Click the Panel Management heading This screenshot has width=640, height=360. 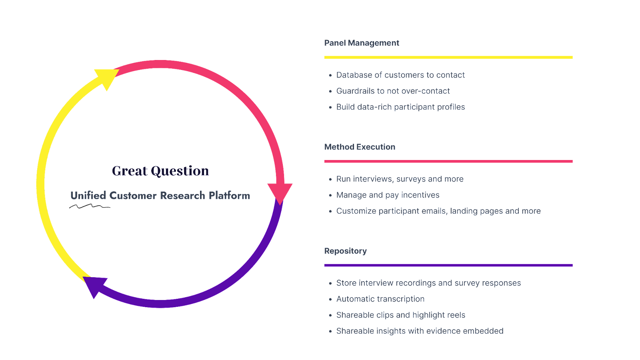tap(361, 43)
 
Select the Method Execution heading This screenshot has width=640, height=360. tap(359, 147)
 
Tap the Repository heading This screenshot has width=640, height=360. tap(345, 251)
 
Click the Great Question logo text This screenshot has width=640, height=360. tap(160, 171)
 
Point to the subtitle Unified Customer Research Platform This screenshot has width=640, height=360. tap(160, 195)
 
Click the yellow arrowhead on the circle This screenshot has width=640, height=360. tap(107, 77)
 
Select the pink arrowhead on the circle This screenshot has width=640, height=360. tap(280, 192)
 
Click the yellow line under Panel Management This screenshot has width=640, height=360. tap(448, 57)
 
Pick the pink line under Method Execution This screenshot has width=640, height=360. tap(448, 161)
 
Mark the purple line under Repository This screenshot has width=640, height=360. tap(448, 265)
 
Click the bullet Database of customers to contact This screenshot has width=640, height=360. tap(400, 75)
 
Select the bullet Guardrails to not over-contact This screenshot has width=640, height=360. tap(393, 91)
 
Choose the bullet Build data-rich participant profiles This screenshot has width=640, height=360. tap(400, 107)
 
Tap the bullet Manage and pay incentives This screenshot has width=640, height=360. tap(387, 195)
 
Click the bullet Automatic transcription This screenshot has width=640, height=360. tap(380, 299)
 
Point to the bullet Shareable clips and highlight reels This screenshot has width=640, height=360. tap(400, 315)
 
